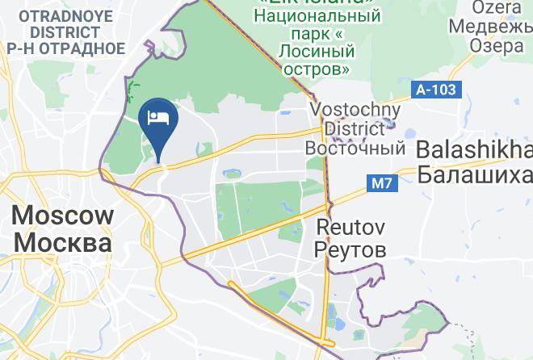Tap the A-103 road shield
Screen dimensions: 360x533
(438, 90)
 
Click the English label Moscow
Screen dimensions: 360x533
(63, 216)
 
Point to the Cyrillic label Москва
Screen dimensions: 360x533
(63, 243)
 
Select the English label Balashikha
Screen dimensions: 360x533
(475, 151)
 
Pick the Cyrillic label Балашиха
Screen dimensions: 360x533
(475, 174)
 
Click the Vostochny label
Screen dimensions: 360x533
(356, 110)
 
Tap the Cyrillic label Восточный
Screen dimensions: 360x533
(355, 149)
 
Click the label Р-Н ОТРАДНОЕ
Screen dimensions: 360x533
(65, 48)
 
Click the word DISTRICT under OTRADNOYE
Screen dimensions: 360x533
(65, 32)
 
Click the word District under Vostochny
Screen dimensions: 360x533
(355, 129)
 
